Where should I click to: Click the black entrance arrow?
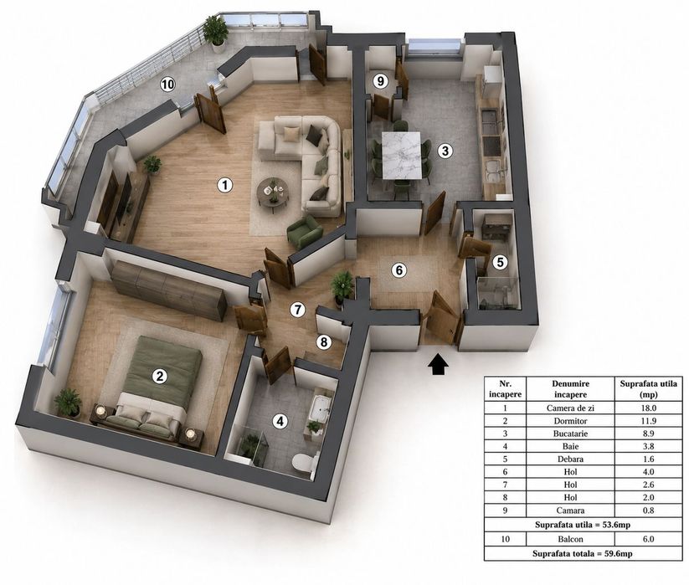click(438, 364)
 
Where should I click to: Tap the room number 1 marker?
click(225, 185)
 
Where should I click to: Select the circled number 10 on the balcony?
click(167, 85)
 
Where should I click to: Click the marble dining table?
click(404, 156)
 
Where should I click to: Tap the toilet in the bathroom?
click(305, 463)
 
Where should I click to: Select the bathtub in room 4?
click(321, 408)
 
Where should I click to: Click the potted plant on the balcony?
click(216, 30)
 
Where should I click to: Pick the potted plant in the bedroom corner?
click(68, 402)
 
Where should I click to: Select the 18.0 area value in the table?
click(648, 408)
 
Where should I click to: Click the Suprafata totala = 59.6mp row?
click(583, 553)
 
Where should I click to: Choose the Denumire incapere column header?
click(570, 388)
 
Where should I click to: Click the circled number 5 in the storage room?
click(500, 263)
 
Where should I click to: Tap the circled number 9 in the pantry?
click(381, 81)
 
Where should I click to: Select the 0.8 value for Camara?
click(648, 511)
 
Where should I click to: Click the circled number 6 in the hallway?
click(399, 269)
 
